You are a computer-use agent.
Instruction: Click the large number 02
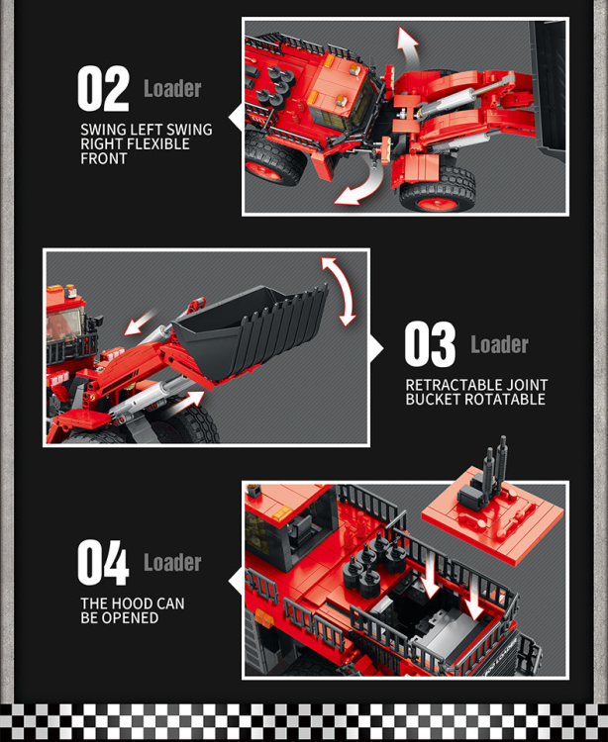point(103,89)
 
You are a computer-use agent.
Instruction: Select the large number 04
point(103,564)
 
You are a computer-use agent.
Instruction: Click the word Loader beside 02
point(172,89)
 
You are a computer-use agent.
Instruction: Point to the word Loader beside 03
point(499,345)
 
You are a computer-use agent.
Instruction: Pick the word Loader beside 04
point(172,563)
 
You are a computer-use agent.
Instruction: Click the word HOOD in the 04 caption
point(134,603)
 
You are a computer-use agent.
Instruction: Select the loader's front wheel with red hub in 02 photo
point(437,190)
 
